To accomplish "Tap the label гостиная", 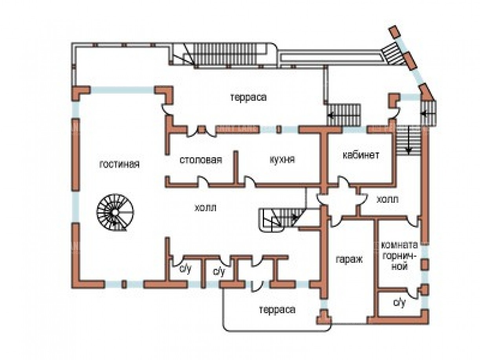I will tap(119, 164).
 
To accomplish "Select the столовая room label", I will tap(201, 160).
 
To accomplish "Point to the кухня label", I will tap(282, 160).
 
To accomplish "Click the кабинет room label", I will tap(361, 155).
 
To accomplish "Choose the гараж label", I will tap(348, 260).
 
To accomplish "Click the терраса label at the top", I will tap(248, 97).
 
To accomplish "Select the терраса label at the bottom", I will tap(277, 310).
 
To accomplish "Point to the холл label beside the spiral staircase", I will tap(205, 207).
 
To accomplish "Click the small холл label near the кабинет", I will tap(387, 199).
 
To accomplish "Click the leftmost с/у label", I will tap(185, 269).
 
